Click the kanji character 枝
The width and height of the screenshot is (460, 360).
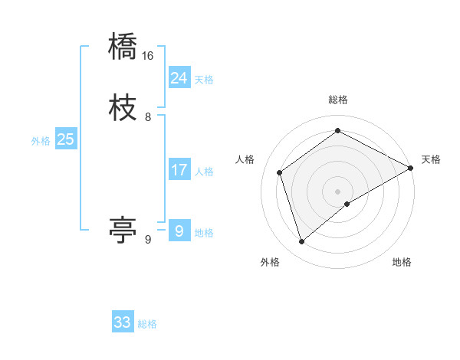[123, 106]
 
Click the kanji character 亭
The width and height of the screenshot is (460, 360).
[123, 228]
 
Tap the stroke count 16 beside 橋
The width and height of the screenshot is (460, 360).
[148, 56]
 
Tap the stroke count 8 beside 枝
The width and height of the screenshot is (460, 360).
[148, 116]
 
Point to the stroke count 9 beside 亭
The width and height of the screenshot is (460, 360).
[148, 239]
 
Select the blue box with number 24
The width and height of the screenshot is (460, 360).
[179, 77]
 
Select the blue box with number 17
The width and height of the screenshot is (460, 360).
[179, 170]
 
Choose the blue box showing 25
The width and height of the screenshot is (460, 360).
[66, 139]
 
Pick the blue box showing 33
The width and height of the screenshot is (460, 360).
[123, 322]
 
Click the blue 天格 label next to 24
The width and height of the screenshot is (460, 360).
[204, 79]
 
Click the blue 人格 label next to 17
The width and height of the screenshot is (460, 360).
[204, 172]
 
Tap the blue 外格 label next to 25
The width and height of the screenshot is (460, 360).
[41, 141]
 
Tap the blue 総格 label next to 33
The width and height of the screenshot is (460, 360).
[148, 324]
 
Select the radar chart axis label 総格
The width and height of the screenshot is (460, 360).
[338, 100]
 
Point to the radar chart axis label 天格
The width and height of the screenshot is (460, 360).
[431, 159]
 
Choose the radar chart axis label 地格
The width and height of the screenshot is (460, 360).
[402, 262]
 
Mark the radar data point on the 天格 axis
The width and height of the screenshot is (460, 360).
[411, 168]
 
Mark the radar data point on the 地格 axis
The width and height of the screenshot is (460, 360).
[347, 204]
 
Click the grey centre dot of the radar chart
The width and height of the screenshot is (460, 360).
[338, 191]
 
